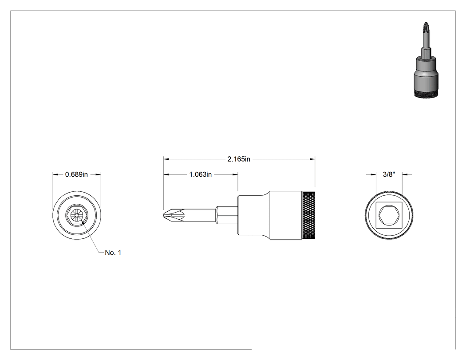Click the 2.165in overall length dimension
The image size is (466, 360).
point(239,159)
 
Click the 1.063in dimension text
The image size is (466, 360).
point(201,174)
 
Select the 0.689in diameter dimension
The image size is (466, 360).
point(77,174)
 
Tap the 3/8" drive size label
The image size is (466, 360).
point(389,174)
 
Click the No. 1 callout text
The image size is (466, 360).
point(113,253)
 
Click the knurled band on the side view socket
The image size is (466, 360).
point(309,215)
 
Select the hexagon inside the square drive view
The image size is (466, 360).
point(389,215)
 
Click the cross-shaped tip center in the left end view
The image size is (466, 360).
point(77,215)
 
